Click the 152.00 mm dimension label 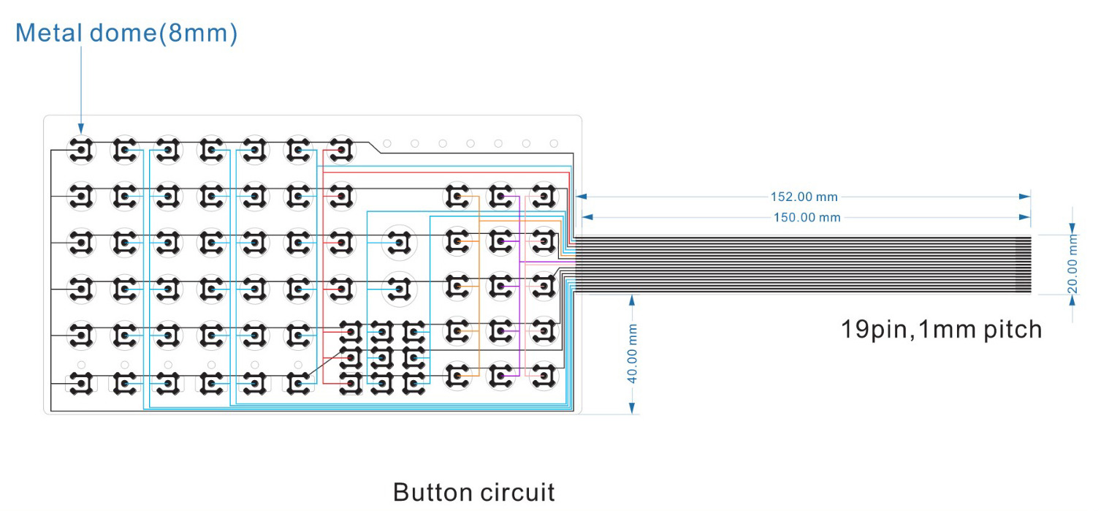point(804,197)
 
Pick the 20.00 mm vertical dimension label point(1073,264)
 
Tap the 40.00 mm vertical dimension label point(633,354)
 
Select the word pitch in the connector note point(1008,329)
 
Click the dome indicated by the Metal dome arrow point(81,150)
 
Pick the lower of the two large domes point(399,288)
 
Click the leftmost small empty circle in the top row point(387,143)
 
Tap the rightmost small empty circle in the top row point(554,143)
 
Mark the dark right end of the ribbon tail point(1023,265)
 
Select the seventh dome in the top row point(340,150)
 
